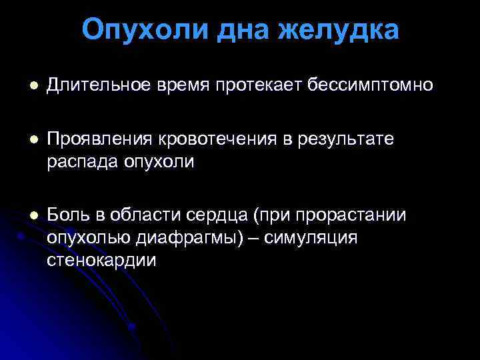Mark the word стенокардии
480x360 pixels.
point(102,260)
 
